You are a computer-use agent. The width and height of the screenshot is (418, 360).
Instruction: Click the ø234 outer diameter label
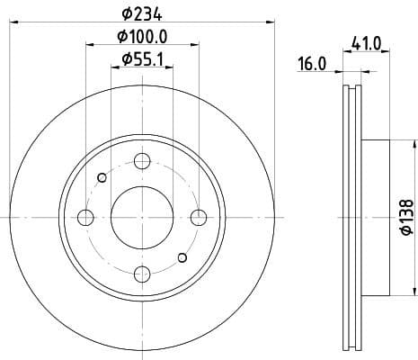[x=143, y=13]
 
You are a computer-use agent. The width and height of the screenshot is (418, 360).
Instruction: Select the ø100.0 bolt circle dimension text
[x=143, y=37]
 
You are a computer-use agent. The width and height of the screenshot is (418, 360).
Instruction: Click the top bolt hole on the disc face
[x=142, y=161]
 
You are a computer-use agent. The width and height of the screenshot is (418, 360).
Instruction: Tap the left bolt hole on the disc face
[x=86, y=217]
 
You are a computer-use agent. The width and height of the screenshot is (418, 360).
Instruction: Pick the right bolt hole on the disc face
[x=199, y=216]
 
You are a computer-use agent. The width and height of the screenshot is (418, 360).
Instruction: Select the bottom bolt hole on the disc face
[x=142, y=273]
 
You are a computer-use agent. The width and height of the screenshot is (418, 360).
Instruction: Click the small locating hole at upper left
[x=102, y=176]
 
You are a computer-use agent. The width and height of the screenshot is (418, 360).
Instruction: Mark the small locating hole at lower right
[x=182, y=258]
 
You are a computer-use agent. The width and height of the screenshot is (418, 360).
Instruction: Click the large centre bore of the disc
[x=142, y=217]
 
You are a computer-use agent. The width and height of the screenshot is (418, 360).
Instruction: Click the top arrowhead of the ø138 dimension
[x=412, y=144]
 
